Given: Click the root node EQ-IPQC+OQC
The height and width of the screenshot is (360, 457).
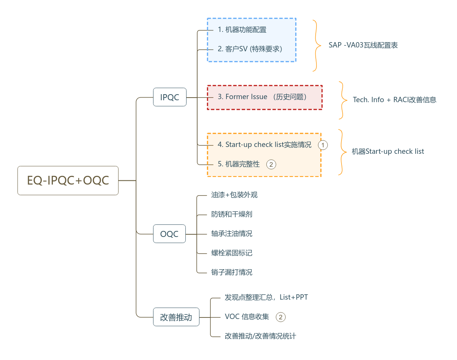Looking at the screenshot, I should click(x=68, y=181).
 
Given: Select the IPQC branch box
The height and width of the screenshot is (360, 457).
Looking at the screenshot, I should click(x=169, y=97).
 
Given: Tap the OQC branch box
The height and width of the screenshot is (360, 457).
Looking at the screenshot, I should click(x=169, y=234).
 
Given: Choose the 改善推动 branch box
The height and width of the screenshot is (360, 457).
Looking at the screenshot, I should click(x=176, y=317).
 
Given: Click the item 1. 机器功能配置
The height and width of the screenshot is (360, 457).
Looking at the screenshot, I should click(x=242, y=30).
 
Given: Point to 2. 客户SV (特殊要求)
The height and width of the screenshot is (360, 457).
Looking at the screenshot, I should click(x=250, y=49).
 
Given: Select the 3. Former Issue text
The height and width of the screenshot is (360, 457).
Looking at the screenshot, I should click(x=262, y=97).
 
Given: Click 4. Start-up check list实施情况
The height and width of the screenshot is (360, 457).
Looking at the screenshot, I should click(x=264, y=145).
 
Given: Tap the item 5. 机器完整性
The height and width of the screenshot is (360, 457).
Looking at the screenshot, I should click(x=239, y=164).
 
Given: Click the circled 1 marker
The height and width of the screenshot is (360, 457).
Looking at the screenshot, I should click(x=323, y=145).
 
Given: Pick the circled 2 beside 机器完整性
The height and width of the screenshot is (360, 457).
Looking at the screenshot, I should click(x=271, y=164).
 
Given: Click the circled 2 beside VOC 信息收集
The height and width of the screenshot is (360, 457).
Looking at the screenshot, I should click(x=280, y=317).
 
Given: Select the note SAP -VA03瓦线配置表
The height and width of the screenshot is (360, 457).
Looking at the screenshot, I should click(x=363, y=45).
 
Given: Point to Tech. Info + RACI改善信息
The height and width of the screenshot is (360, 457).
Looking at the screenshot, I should click(x=394, y=100).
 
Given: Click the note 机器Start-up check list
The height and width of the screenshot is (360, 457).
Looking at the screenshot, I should click(x=387, y=152).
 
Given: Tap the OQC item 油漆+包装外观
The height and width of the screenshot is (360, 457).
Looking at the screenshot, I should click(x=234, y=195).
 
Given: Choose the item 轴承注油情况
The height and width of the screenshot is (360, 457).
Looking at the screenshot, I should click(x=232, y=234).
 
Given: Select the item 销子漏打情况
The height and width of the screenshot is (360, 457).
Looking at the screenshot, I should click(x=232, y=272).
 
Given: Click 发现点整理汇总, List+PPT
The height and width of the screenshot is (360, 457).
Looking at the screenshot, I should click(x=266, y=297).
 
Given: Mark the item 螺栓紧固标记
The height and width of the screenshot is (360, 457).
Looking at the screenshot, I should click(x=232, y=253).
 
